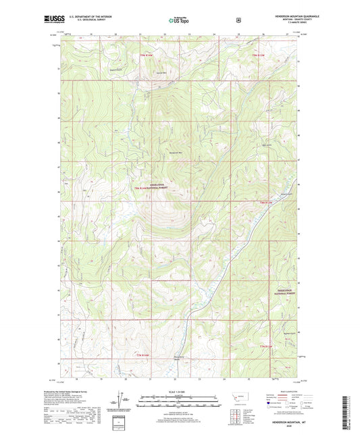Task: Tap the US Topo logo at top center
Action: coord(179,21)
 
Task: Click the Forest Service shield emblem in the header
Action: coord(238,20)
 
